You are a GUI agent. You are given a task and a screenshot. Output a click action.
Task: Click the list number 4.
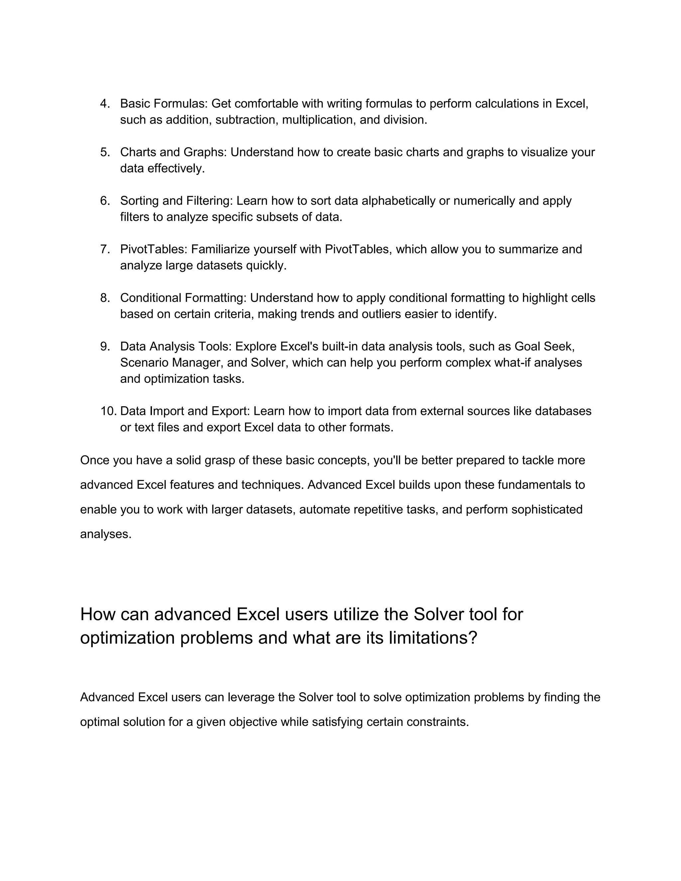point(104,104)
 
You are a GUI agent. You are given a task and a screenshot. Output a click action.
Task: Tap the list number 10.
point(108,411)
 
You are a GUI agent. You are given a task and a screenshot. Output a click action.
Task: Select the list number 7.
point(104,249)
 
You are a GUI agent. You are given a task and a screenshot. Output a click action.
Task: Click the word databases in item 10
point(563,411)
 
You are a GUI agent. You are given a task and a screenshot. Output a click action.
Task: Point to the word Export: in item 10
point(230,411)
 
